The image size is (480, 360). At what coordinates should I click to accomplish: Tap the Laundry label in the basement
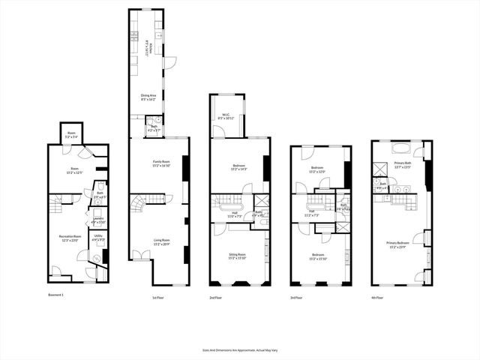(x=98, y=221)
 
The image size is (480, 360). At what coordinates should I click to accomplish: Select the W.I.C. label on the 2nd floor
(x=226, y=117)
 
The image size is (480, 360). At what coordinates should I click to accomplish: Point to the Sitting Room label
(x=238, y=256)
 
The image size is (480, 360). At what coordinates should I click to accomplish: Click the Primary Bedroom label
(x=400, y=244)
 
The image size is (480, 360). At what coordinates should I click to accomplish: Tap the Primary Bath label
(x=403, y=166)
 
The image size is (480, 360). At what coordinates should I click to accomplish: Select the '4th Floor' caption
(x=376, y=298)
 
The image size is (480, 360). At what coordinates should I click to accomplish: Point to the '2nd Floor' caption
(x=216, y=298)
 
